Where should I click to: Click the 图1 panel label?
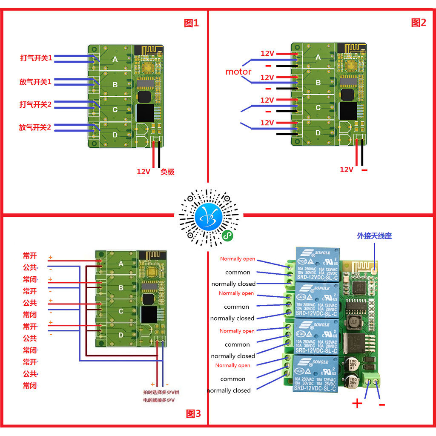pyautogui.click(x=191, y=23)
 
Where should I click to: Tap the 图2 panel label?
pyautogui.click(x=418, y=23)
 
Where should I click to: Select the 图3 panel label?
pyautogui.click(x=193, y=413)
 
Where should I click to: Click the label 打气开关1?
pyautogui.click(x=36, y=58)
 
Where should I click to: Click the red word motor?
pyautogui.click(x=238, y=72)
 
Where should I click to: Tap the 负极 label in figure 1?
pyautogui.click(x=167, y=172)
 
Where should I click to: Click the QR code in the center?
pyautogui.click(x=209, y=218)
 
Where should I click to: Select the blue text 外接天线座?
pyautogui.click(x=374, y=236)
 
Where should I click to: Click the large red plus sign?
pyautogui.click(x=357, y=404)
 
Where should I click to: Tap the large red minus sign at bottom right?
pyautogui.click(x=381, y=404)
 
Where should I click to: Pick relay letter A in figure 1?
pyautogui.click(x=115, y=60)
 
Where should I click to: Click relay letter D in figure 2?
pyautogui.click(x=318, y=133)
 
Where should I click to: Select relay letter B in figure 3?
pyautogui.click(x=121, y=288)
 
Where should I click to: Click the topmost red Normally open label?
pyautogui.click(x=238, y=259)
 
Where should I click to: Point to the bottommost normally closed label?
pyautogui.click(x=229, y=390)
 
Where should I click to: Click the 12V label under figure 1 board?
pyautogui.click(x=143, y=172)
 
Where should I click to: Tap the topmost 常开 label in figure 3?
pyautogui.click(x=30, y=256)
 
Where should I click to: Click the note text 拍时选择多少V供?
pyautogui.click(x=164, y=393)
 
